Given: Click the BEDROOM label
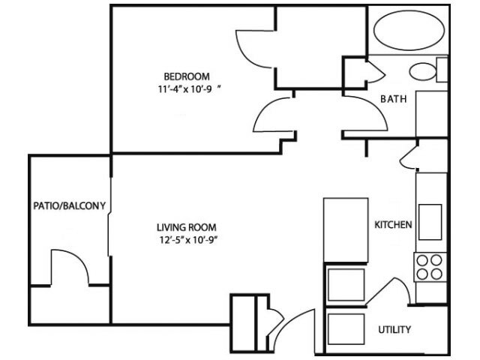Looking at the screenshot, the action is coord(187,76).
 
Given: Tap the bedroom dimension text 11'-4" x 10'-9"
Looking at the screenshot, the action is coord(190,89).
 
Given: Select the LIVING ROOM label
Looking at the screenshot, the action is coord(187,227).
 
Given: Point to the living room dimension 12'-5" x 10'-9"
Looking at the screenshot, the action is coord(188,240).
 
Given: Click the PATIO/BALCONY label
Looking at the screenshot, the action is coord(70,205).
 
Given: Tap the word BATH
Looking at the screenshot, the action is coord(393,99).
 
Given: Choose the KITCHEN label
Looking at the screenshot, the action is coord(393,225).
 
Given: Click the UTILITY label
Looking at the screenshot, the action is coord(394,330).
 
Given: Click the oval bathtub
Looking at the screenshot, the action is coord(409,30).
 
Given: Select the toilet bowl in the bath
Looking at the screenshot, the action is coord(422,72).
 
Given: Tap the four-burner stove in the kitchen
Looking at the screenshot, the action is coord(430,267).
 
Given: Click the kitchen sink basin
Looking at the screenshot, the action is coord(430,222).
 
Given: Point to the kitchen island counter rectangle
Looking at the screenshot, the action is coord(346,230).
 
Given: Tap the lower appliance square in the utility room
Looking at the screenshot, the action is coord(346,329).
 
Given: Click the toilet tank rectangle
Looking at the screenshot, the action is coord(442,70).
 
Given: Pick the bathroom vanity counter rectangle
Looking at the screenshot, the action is coord(432,113).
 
